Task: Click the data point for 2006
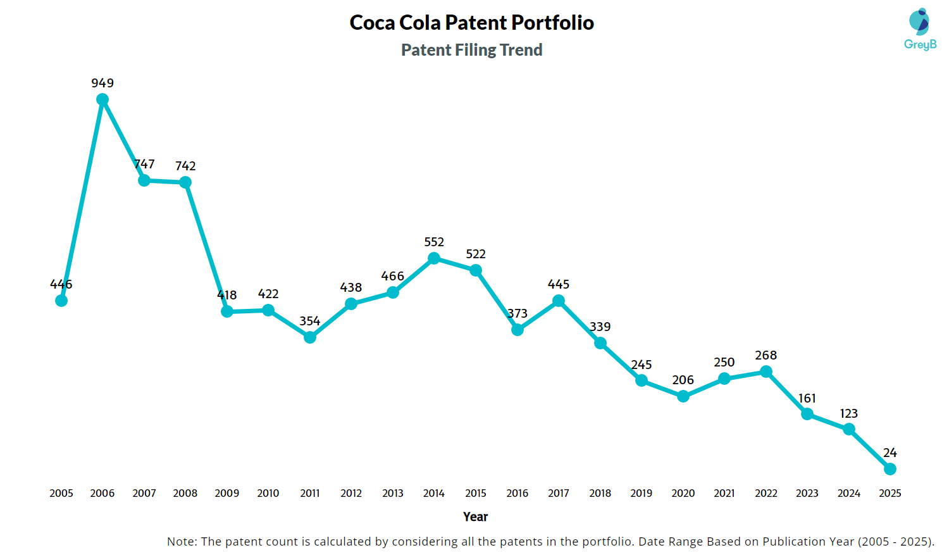click(x=102, y=99)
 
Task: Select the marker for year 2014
click(x=434, y=258)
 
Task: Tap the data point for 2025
click(x=890, y=469)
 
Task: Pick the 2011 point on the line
click(x=310, y=337)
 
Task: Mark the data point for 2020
click(x=683, y=396)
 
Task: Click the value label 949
click(x=102, y=83)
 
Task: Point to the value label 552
click(x=434, y=242)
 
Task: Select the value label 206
click(x=683, y=380)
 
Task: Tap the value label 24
click(x=890, y=453)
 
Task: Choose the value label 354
click(x=310, y=321)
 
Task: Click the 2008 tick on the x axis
click(x=185, y=493)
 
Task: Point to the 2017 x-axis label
click(x=559, y=493)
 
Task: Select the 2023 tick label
click(x=807, y=493)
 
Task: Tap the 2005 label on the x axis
click(x=61, y=493)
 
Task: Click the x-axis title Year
click(x=475, y=516)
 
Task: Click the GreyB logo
click(x=920, y=29)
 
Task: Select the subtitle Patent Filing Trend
click(x=472, y=50)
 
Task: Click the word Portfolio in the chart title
click(x=552, y=23)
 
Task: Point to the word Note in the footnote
click(x=181, y=542)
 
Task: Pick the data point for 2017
click(x=559, y=301)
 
